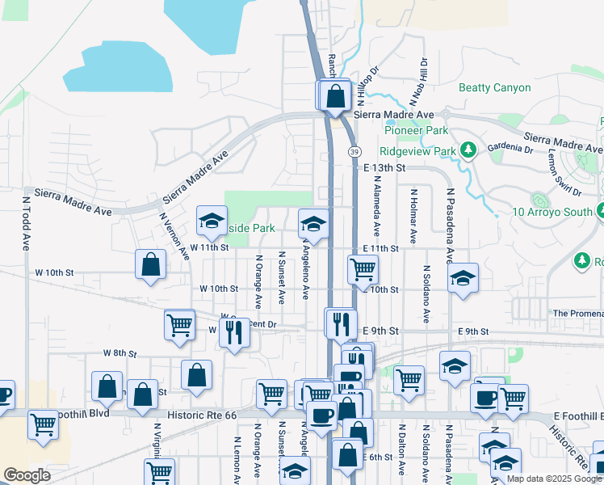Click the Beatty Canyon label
tap(494, 87)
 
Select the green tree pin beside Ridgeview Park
tap(467, 150)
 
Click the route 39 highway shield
tap(354, 151)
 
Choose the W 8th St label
tap(120, 353)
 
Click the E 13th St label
tap(383, 167)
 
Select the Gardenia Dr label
tap(510, 149)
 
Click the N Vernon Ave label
tap(174, 236)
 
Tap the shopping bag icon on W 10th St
tap(150, 264)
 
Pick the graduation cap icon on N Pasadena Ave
tap(462, 279)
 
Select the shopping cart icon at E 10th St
tap(363, 269)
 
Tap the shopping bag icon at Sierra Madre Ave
tap(334, 96)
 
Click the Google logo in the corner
tap(27, 475)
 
